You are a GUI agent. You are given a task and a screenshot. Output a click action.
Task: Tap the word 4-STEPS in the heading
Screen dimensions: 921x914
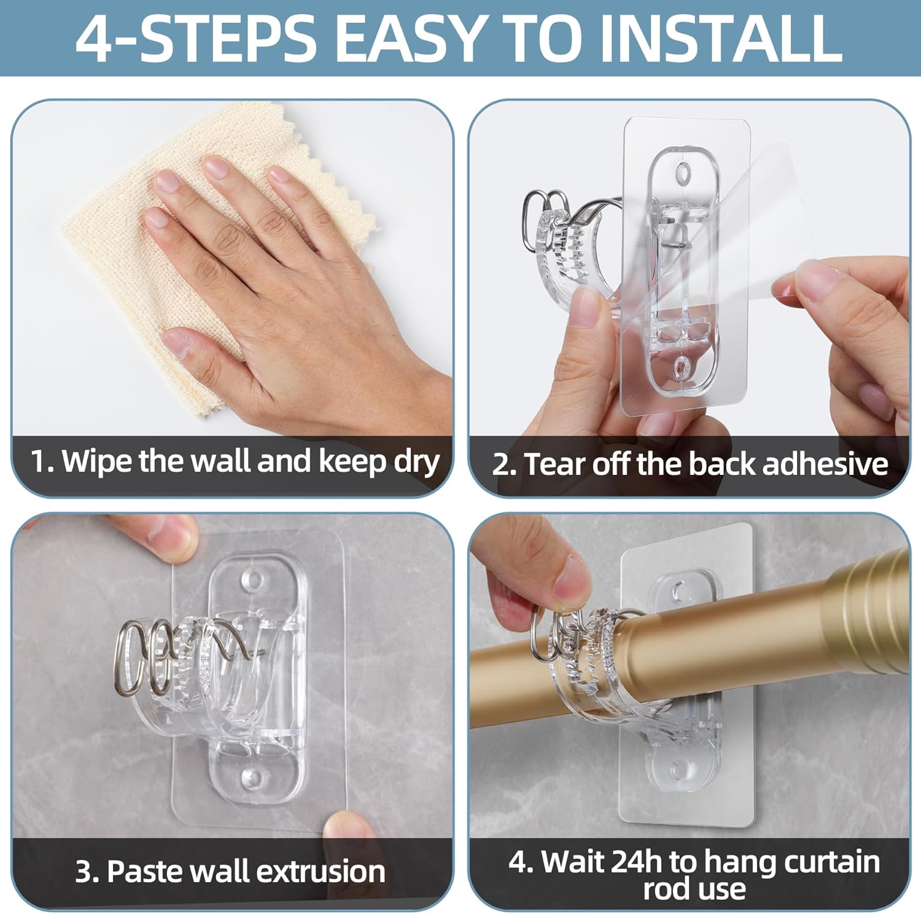pos(195,38)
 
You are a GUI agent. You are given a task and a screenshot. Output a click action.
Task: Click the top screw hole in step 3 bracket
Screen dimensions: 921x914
pos(251,579)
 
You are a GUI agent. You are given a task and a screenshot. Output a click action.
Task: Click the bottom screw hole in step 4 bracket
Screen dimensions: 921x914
pos(678,768)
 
